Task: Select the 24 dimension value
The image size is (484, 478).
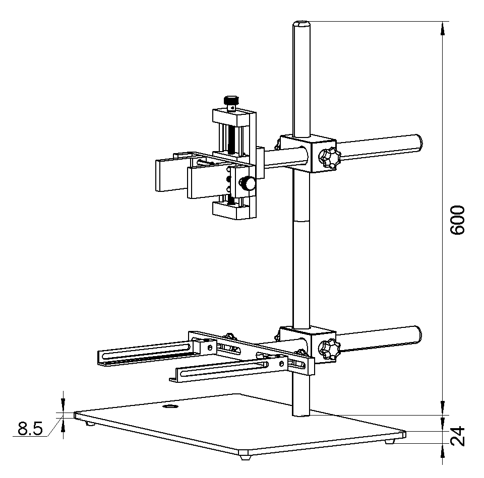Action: (457, 437)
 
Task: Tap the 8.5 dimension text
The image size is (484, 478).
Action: (30, 430)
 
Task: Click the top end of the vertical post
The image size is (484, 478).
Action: (301, 23)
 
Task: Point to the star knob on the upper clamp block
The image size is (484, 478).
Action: (329, 158)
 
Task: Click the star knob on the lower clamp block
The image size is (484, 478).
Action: (329, 349)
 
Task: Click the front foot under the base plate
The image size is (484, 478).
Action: (246, 457)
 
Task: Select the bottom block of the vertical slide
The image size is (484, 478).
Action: (233, 210)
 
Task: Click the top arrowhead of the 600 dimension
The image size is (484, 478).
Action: (443, 28)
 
